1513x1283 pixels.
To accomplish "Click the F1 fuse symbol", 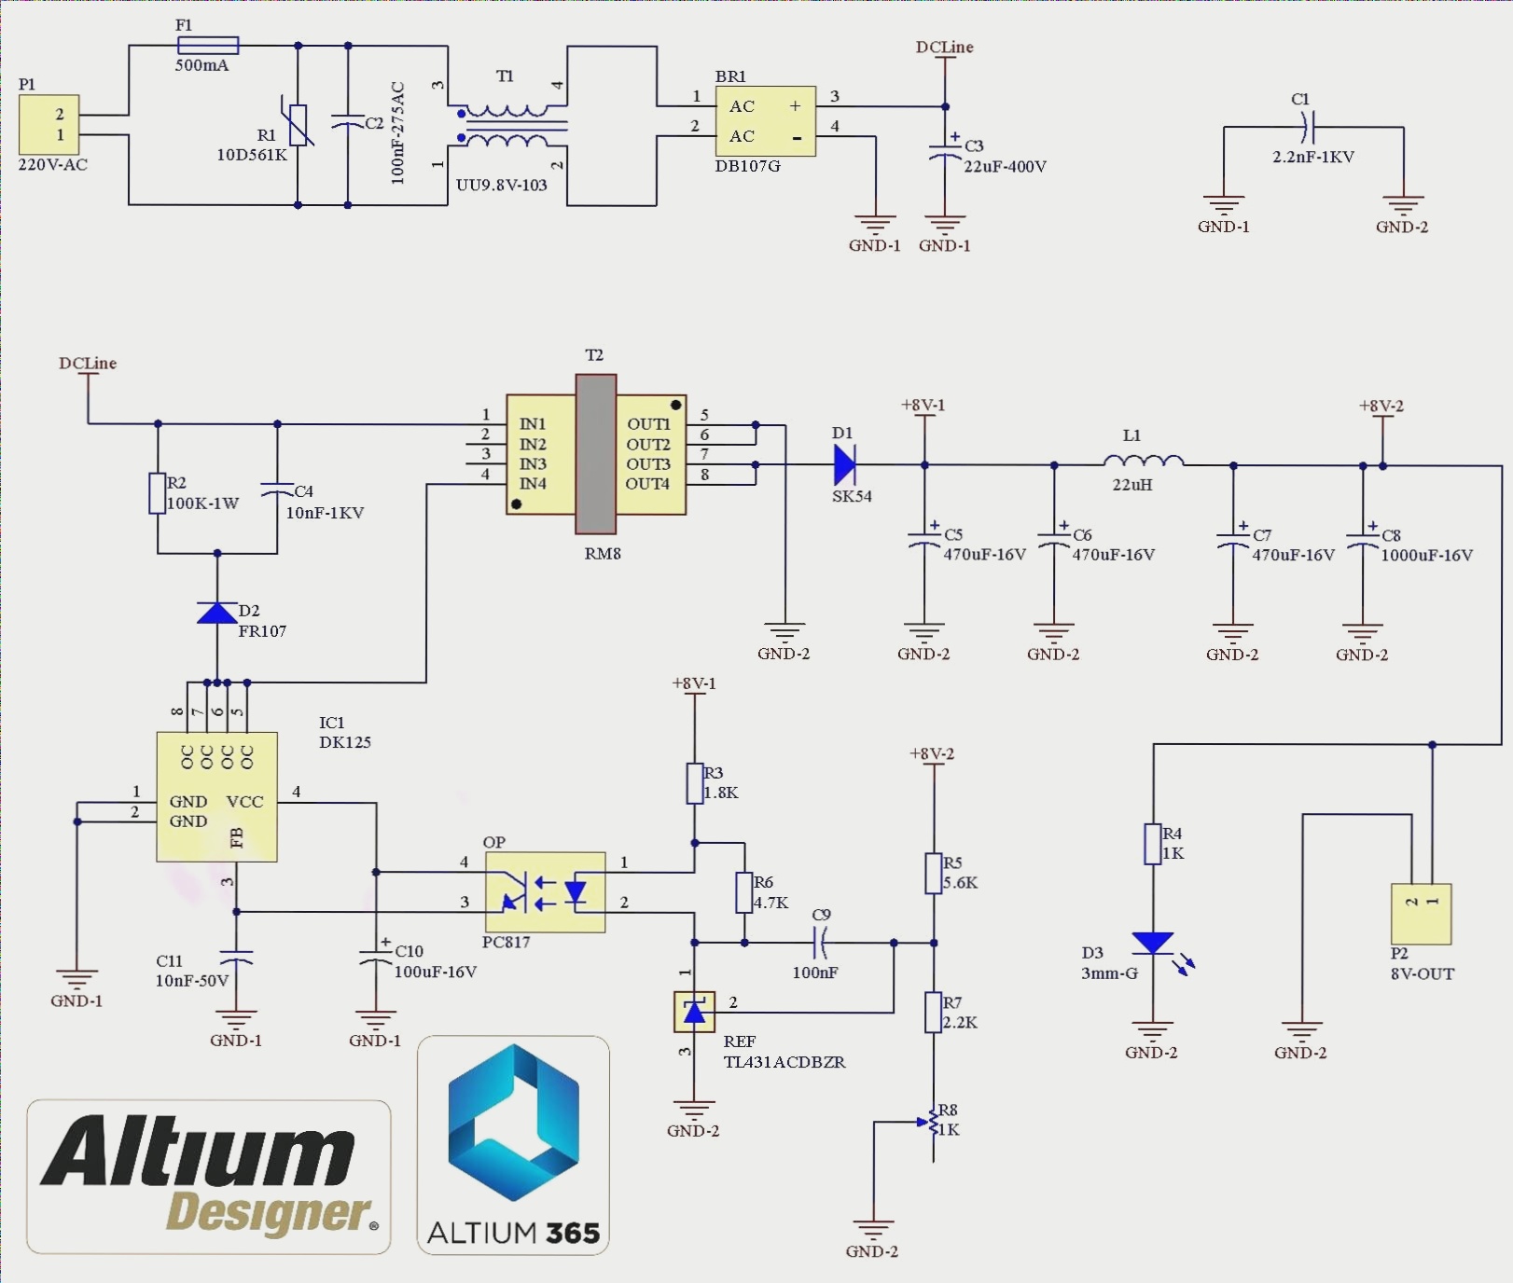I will (208, 45).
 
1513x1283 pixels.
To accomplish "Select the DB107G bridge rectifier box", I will (765, 121).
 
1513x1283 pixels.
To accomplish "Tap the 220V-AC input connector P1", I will (49, 125).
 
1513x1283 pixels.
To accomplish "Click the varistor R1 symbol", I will (298, 126).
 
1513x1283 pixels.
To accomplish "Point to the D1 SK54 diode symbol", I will (844, 464).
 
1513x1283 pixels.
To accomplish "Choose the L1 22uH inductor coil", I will (1143, 461).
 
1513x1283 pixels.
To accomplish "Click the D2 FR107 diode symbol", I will (217, 614).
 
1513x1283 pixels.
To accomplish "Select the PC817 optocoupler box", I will (545, 892).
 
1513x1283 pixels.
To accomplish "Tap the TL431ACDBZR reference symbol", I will (694, 1012).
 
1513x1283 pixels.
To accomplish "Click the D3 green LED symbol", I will (1153, 944).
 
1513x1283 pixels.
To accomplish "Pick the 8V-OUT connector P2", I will (1421, 914).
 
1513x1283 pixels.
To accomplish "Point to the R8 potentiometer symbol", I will (933, 1124).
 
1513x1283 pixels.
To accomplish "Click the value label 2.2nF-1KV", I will (1312, 157).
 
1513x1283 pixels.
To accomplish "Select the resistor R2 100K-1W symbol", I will (158, 493).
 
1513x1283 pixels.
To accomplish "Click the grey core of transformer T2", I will (596, 453).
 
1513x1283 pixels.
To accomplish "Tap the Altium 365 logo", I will (513, 1145).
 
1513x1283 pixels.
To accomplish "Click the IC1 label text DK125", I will (345, 742).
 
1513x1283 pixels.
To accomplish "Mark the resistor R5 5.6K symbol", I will (933, 874).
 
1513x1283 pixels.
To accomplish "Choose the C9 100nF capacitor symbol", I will (821, 944).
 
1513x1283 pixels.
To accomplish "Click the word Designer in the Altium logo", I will (269, 1212).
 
